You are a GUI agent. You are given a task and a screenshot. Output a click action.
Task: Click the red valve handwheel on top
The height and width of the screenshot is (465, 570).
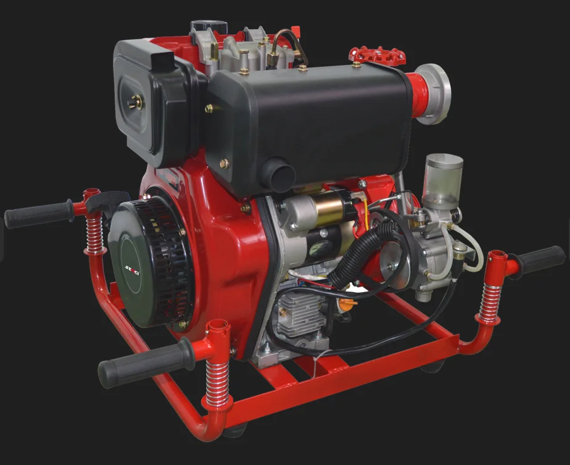[377, 55]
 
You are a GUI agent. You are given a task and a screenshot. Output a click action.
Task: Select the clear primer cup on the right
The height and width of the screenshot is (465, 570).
[442, 178]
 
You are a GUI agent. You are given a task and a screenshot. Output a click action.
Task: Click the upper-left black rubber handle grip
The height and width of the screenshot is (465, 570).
[38, 214]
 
